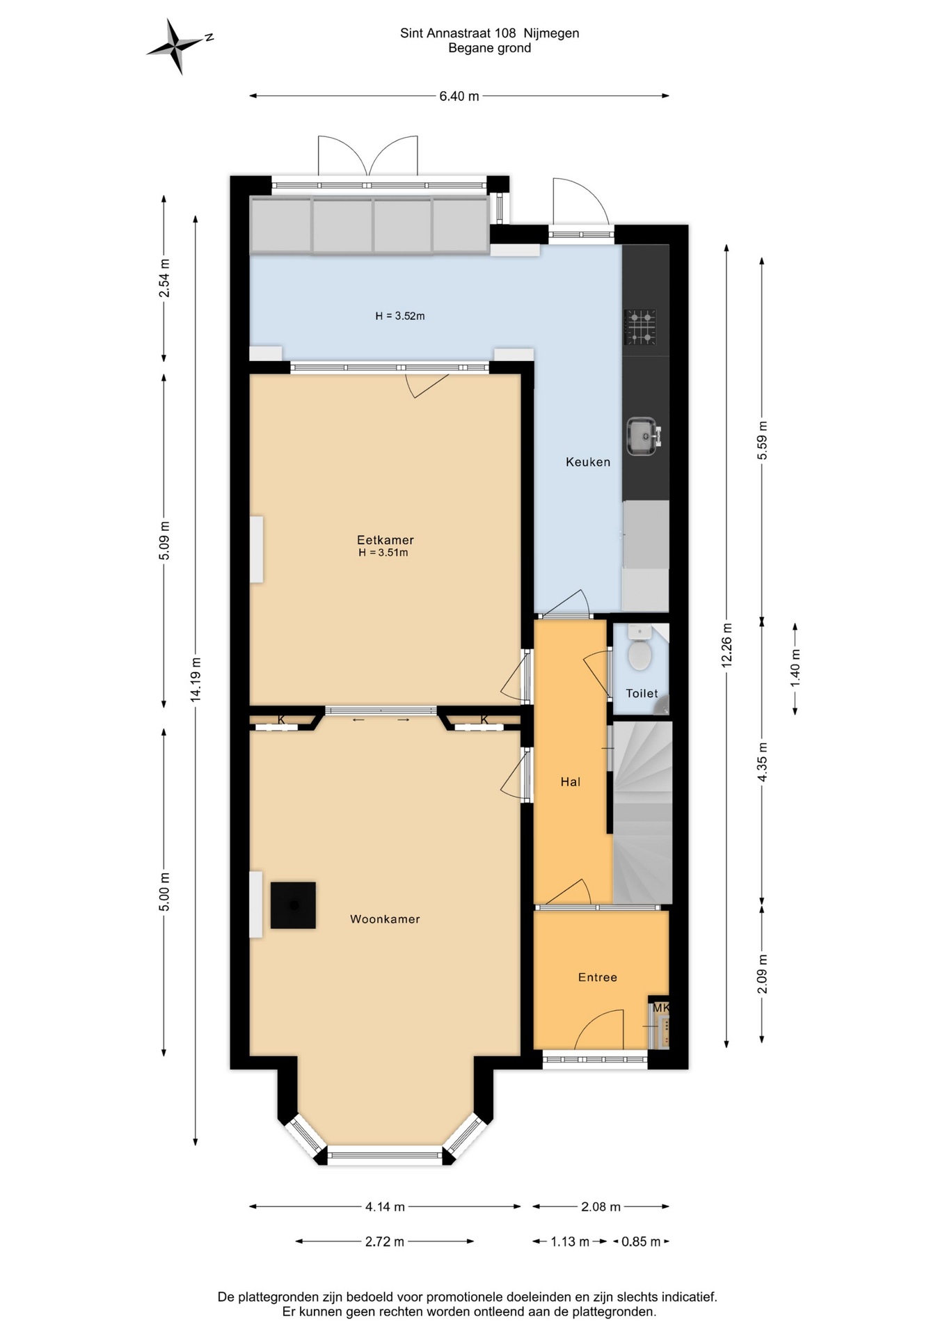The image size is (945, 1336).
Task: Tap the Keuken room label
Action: (588, 462)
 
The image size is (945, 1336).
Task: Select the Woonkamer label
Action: (385, 919)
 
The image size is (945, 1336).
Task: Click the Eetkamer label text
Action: (385, 540)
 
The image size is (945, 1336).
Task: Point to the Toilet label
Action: (642, 693)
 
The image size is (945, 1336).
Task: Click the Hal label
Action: (571, 782)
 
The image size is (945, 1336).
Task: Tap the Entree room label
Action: (598, 978)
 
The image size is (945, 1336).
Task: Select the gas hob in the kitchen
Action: (640, 327)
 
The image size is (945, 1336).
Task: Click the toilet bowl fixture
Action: (640, 649)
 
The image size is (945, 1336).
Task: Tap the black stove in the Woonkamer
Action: (293, 905)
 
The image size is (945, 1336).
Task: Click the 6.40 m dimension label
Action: (459, 96)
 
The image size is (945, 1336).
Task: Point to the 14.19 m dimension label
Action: (196, 679)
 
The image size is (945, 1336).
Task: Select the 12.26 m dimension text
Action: (727, 645)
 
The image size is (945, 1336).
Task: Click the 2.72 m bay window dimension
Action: (385, 1241)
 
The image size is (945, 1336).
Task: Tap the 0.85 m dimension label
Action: (641, 1241)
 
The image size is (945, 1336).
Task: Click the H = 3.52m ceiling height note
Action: (400, 316)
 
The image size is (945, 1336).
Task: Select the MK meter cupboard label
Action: (660, 1008)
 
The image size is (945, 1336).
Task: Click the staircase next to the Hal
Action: (642, 812)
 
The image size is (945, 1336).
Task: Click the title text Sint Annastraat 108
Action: (458, 33)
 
